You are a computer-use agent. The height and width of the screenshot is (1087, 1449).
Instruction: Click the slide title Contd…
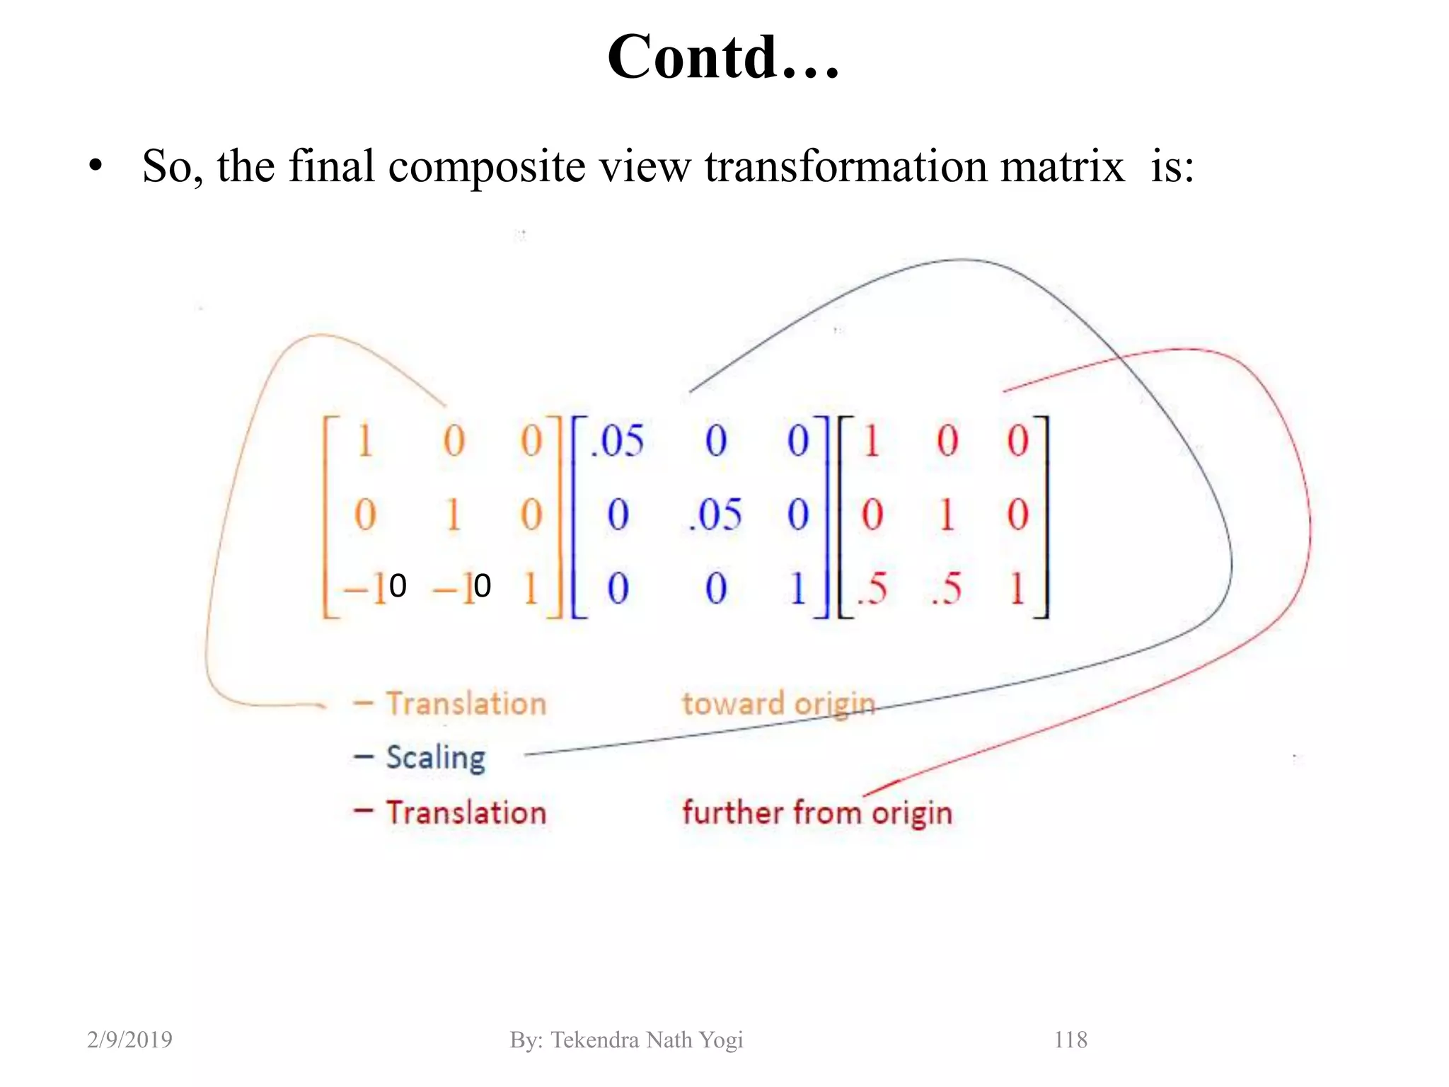tap(723, 58)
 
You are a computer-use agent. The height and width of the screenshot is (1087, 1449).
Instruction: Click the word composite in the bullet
tap(486, 168)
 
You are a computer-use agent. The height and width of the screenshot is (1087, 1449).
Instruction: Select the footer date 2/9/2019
tap(129, 1040)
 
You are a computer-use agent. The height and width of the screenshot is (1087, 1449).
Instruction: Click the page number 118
tap(1070, 1040)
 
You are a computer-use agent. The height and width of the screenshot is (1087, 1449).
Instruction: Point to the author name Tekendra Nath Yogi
tap(647, 1040)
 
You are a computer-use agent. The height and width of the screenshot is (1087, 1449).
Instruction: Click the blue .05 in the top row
tap(618, 441)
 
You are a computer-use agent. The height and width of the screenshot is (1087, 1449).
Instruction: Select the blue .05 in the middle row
tap(715, 514)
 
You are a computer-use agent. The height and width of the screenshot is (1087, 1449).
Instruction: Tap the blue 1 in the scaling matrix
tap(798, 588)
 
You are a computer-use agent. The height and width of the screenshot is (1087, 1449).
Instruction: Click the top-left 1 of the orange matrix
tap(364, 441)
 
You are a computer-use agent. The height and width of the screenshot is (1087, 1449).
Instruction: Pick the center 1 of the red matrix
tap(947, 514)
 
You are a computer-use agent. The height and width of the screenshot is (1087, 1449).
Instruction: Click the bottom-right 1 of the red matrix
tap(1017, 588)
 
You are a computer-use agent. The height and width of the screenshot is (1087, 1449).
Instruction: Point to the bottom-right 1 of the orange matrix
tap(531, 588)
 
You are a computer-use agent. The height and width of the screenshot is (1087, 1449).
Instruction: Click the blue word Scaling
tap(436, 757)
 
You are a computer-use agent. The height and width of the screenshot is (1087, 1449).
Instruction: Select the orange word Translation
tap(466, 704)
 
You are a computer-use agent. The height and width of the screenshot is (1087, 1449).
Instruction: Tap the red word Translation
tap(466, 812)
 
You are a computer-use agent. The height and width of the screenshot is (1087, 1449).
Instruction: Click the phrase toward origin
tap(778, 704)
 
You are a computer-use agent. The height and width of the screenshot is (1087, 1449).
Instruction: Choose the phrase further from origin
tap(817, 812)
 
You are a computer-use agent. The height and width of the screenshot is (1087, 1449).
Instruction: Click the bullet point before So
tap(96, 167)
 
